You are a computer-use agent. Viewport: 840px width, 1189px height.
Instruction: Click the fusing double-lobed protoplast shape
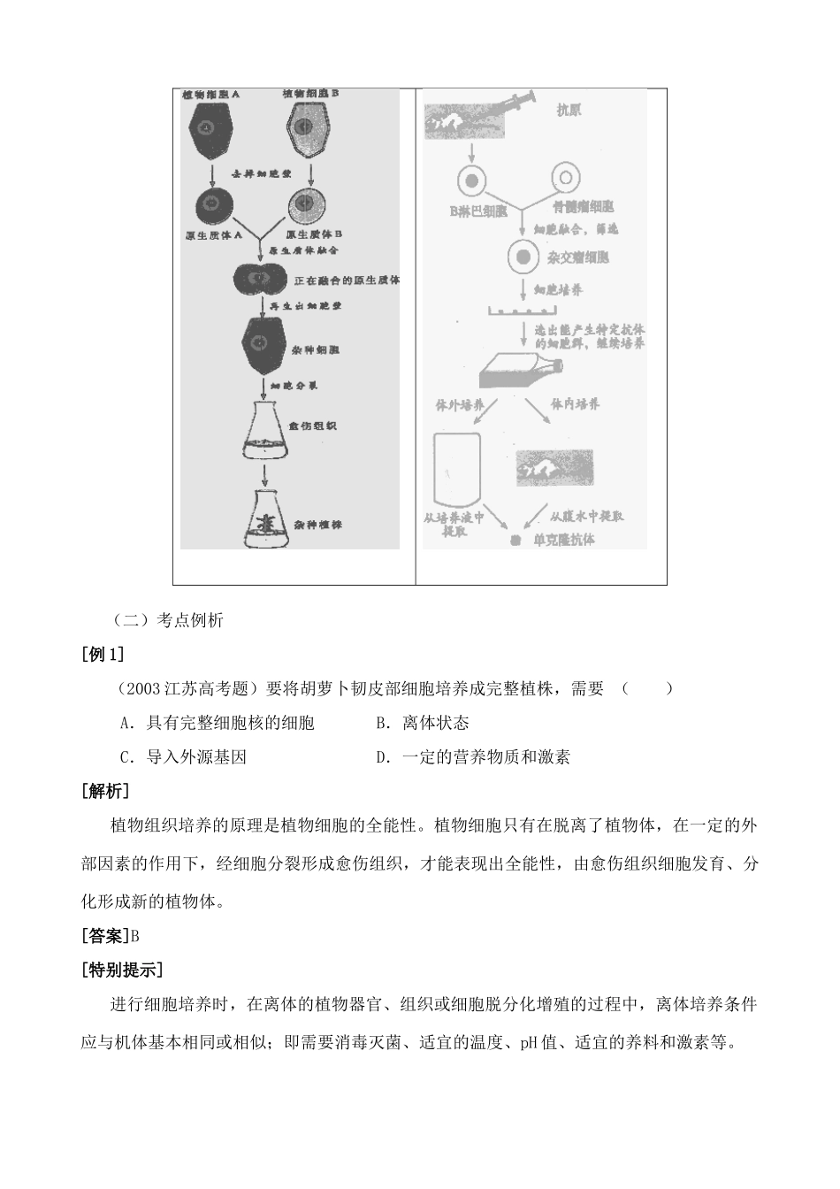pyautogui.click(x=261, y=280)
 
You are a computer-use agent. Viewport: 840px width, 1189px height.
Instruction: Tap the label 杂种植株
pyautogui.click(x=318, y=525)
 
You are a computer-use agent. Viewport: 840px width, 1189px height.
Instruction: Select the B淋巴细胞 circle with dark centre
pyautogui.click(x=472, y=181)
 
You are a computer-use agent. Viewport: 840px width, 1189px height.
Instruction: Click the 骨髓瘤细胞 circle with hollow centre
pyautogui.click(x=565, y=180)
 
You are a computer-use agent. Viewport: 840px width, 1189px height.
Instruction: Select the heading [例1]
pyautogui.click(x=102, y=654)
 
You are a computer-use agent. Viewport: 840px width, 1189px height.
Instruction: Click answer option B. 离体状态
pyautogui.click(x=422, y=723)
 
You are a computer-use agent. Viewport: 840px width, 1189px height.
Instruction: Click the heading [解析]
pyautogui.click(x=104, y=791)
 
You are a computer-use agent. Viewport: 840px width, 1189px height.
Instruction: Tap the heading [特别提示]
pyautogui.click(x=121, y=970)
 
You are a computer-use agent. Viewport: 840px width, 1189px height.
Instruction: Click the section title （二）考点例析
pyautogui.click(x=168, y=620)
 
